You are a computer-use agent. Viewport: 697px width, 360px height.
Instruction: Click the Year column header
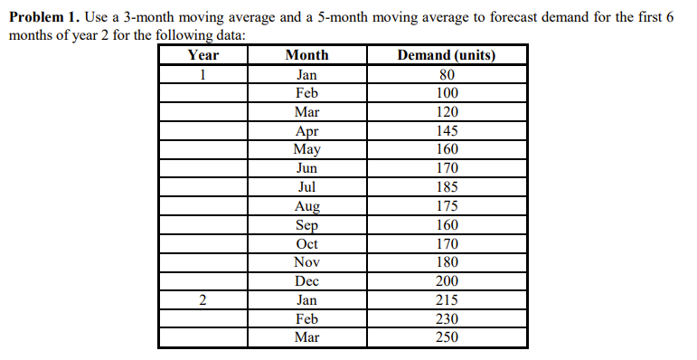(x=203, y=55)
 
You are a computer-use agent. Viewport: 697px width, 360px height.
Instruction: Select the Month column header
(x=306, y=55)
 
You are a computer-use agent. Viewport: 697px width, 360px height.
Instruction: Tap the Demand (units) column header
(x=447, y=55)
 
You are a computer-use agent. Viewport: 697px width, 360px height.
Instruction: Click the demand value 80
(x=447, y=74)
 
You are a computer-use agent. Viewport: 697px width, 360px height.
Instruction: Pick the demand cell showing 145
(x=447, y=131)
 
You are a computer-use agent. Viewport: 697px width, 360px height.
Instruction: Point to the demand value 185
(x=447, y=187)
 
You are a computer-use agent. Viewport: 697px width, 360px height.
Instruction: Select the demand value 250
(x=447, y=337)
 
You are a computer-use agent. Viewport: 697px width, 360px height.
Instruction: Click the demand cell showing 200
(x=447, y=281)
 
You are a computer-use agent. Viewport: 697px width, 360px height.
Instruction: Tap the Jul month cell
(x=306, y=187)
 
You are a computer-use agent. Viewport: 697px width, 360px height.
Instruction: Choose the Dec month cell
(x=306, y=281)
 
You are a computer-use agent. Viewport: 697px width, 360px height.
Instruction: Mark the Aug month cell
(x=306, y=206)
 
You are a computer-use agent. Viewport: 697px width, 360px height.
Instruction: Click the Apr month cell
(x=306, y=131)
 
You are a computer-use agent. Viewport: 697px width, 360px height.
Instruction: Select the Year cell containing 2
(x=203, y=300)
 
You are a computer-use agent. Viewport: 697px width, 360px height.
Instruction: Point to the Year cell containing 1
(x=203, y=74)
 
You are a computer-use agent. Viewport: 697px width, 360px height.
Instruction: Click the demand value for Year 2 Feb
(x=447, y=318)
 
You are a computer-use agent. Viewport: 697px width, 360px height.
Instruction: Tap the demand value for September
(x=447, y=225)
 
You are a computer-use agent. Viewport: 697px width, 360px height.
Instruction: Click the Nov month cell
(x=306, y=262)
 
